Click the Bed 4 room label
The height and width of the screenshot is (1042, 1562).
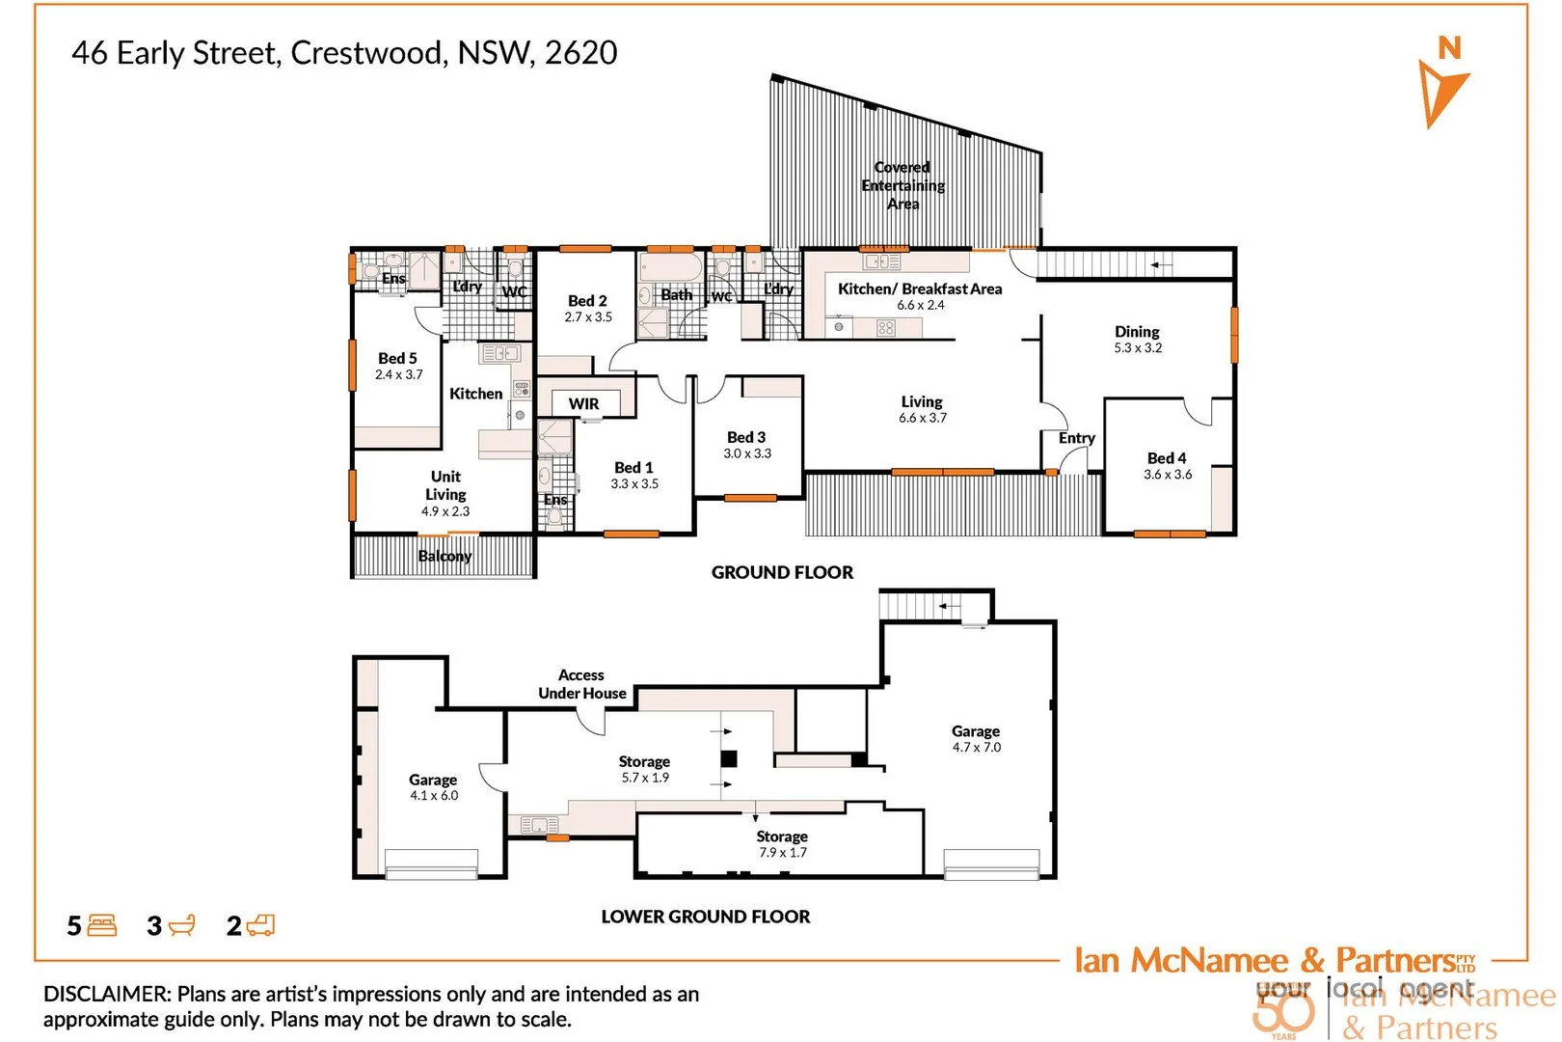tap(1167, 458)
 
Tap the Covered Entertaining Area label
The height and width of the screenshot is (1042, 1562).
tap(902, 185)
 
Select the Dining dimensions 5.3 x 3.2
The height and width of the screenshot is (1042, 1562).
tap(1138, 348)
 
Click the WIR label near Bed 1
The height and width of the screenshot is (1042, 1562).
tap(583, 403)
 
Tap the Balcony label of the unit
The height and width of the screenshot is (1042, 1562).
tap(444, 556)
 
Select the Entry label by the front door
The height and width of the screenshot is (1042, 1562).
tap(1076, 438)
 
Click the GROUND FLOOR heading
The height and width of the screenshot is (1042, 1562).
tap(782, 572)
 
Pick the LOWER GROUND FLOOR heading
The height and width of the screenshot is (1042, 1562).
tap(705, 917)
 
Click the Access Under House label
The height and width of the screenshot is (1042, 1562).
tap(581, 684)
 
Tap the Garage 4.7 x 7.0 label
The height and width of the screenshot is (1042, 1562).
tap(976, 739)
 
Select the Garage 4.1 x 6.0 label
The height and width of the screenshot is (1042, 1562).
tap(433, 787)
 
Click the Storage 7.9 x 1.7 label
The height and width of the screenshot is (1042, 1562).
tap(782, 844)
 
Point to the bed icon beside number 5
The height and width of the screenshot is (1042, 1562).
tap(101, 926)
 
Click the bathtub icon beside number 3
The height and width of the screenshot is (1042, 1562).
tap(181, 926)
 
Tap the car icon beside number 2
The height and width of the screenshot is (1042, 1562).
tap(260, 926)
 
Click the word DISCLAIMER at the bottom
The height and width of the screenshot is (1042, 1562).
tap(107, 994)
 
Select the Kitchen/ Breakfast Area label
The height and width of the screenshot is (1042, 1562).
tap(920, 288)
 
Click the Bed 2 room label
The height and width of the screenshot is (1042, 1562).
tap(587, 301)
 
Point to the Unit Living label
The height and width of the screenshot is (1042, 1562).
tap(445, 485)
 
